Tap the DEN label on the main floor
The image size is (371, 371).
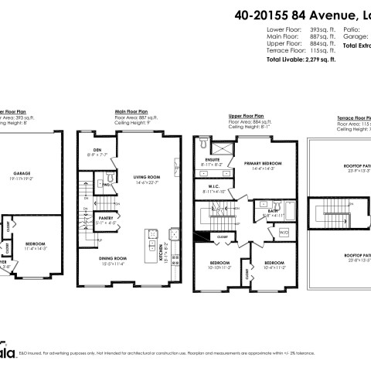(97, 149)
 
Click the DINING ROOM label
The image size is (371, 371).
(112, 260)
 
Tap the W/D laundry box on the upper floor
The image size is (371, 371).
(282, 232)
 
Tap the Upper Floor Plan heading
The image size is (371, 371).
(247, 114)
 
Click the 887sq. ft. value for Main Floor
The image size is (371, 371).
(308, 35)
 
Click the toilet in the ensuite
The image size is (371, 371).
(203, 144)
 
